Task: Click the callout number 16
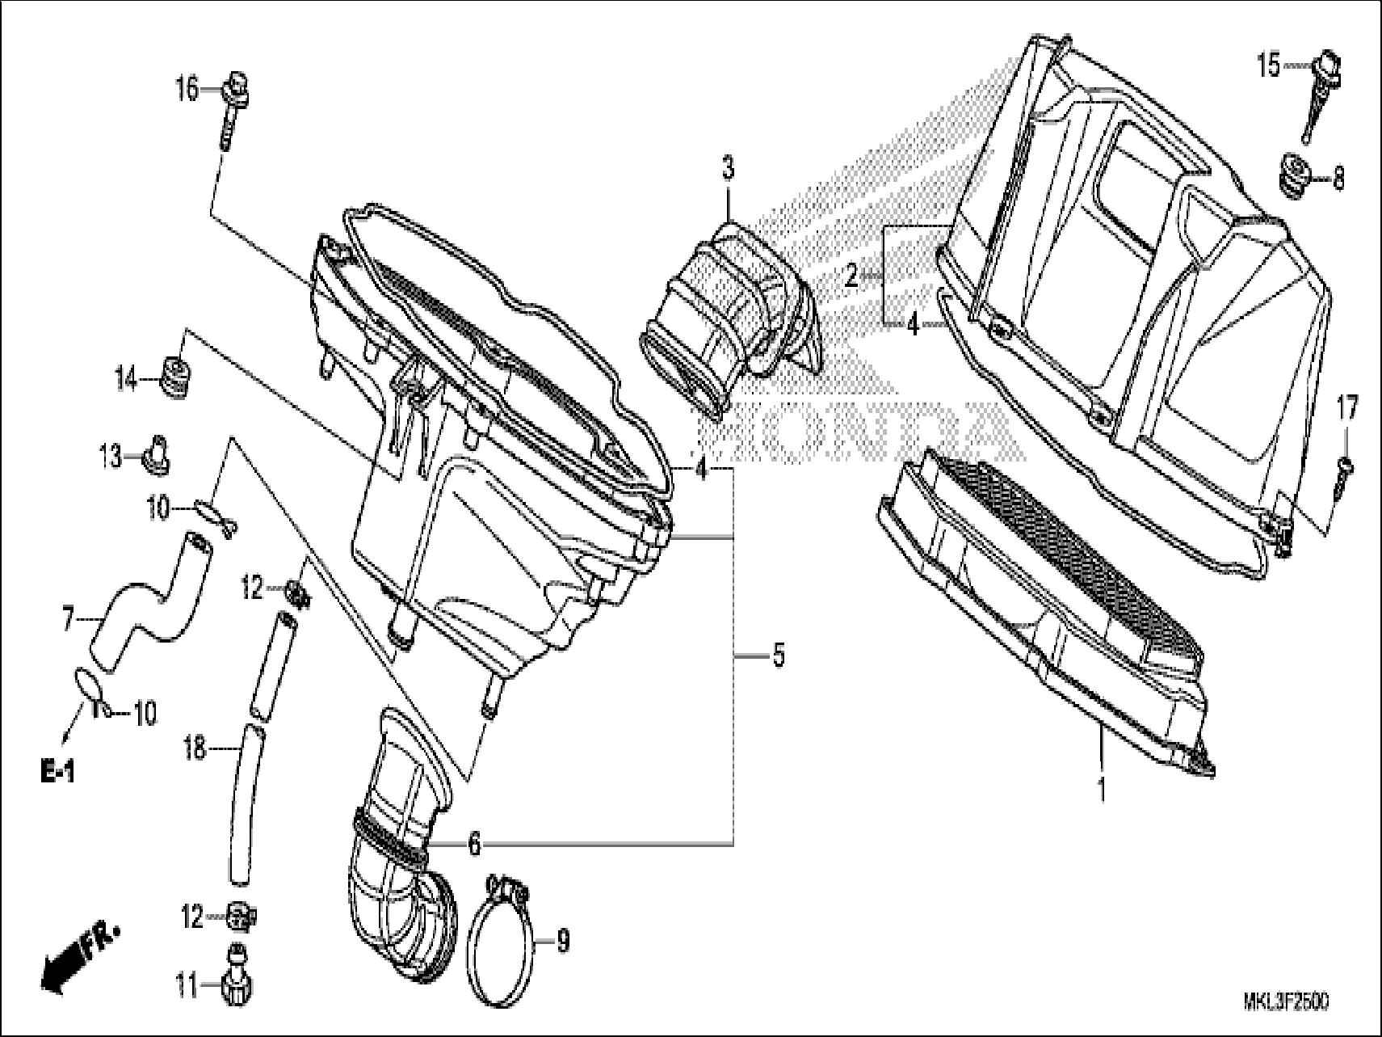coord(187,89)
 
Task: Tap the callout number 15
coord(1269,65)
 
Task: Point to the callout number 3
coord(728,170)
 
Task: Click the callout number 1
coord(1101,789)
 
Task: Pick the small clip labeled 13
coord(157,455)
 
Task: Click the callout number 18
coord(195,750)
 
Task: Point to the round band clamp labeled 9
coord(505,942)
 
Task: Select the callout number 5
coord(778,656)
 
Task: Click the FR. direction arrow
coord(77,959)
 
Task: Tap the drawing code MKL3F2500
coord(1284,1002)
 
